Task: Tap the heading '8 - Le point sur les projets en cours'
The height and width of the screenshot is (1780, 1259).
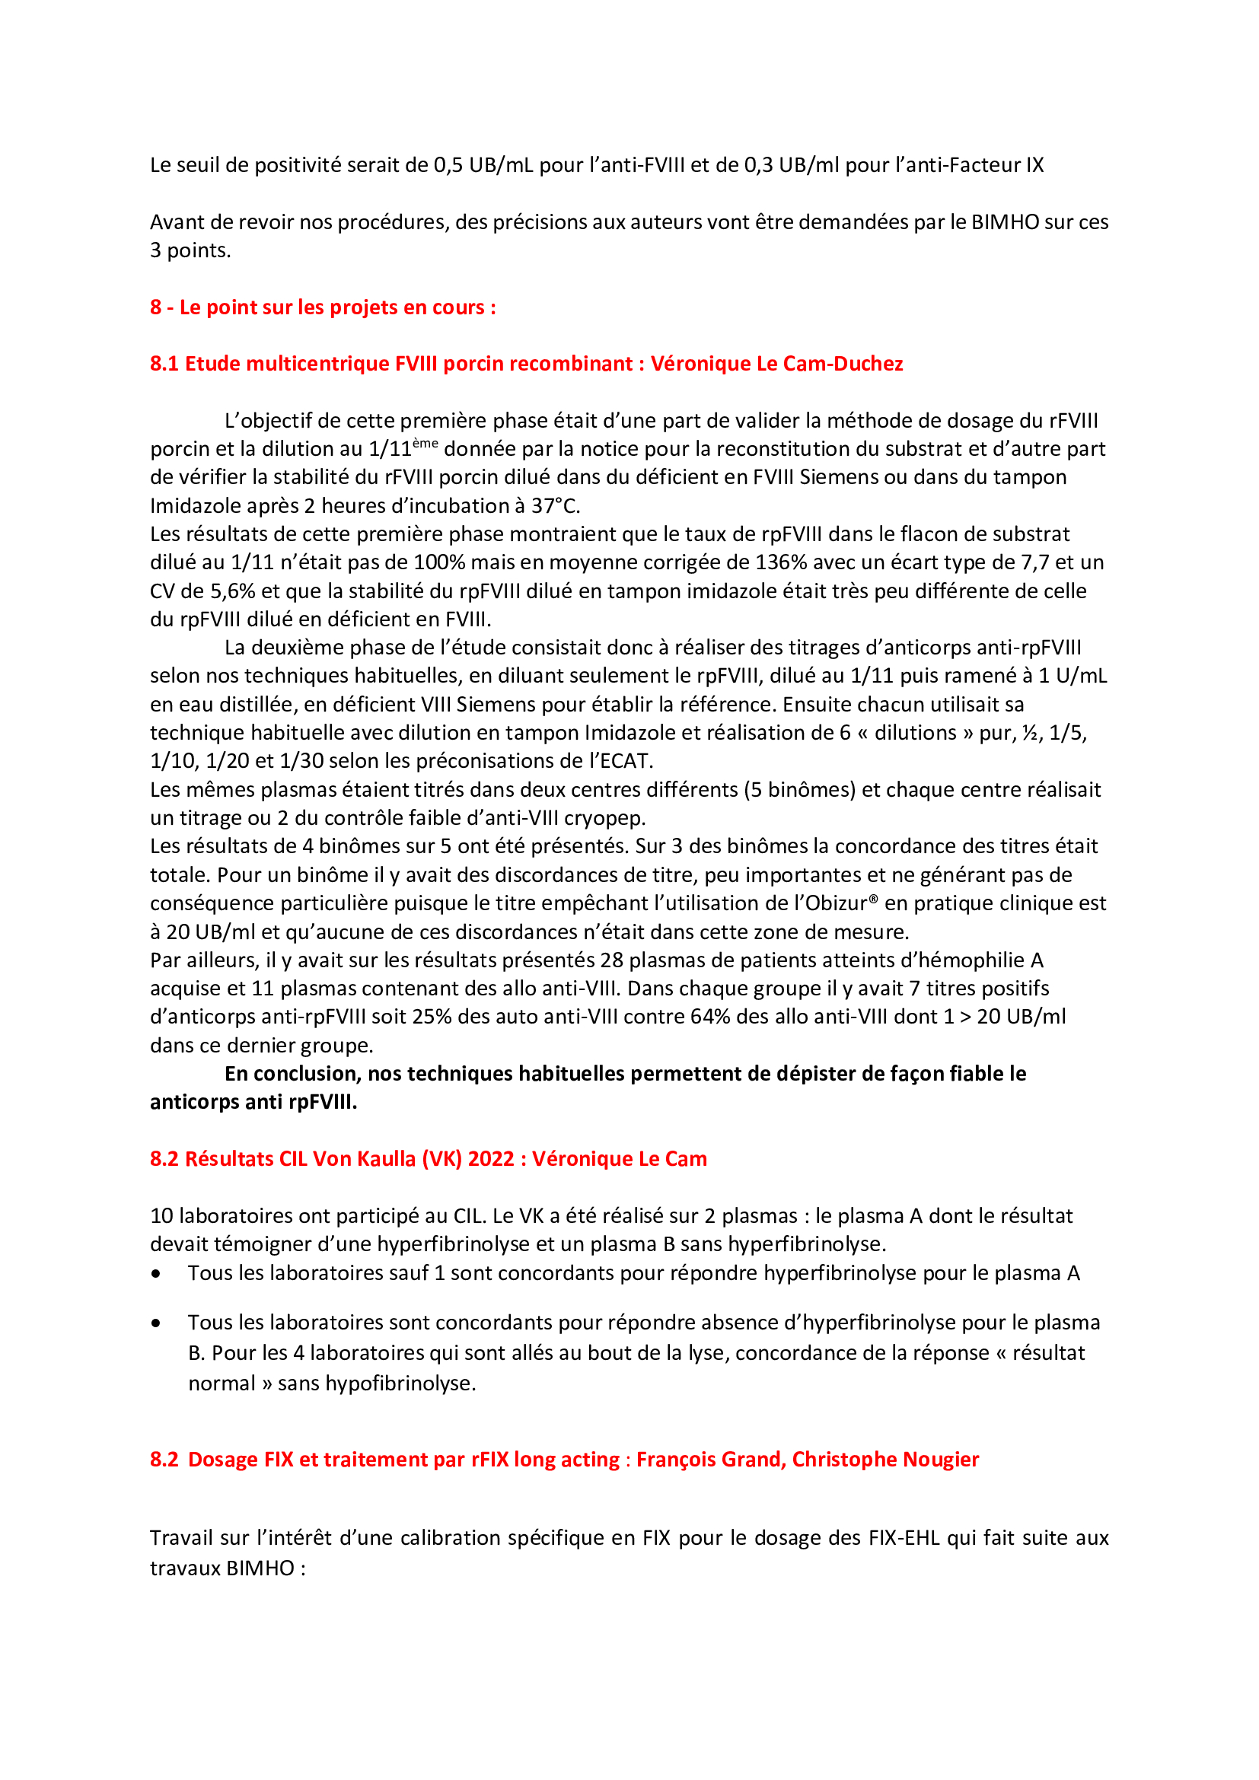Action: coord(323,307)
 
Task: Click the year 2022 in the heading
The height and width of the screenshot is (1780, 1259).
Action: coord(491,1159)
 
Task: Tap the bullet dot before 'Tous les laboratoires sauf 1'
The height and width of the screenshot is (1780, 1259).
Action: coord(157,1274)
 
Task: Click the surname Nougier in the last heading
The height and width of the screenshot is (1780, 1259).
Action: coord(940,1459)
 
